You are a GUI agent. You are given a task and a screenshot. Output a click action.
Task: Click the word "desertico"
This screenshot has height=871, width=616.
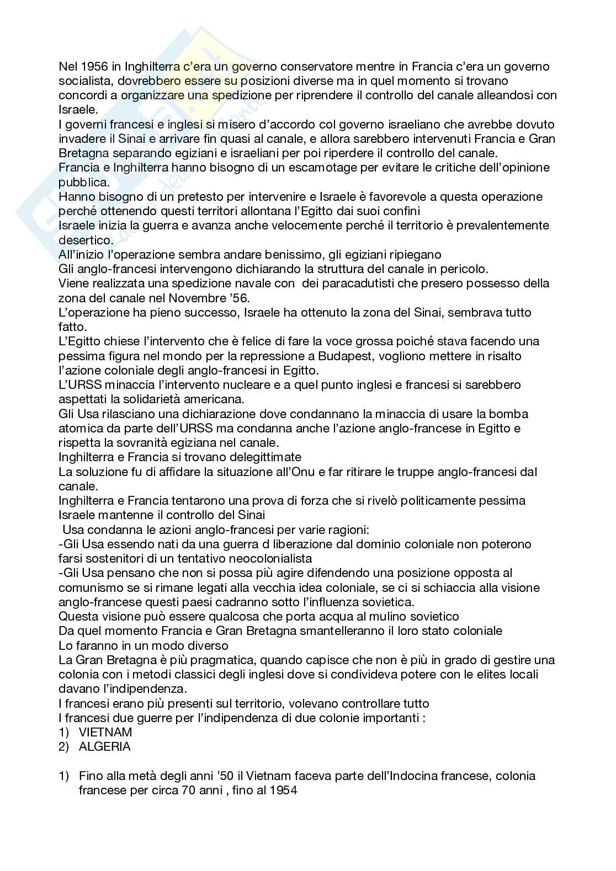click(85, 240)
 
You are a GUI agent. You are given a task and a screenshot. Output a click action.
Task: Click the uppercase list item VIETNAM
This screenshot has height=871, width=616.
click(105, 732)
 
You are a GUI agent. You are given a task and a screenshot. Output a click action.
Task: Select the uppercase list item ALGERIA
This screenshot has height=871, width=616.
click(105, 746)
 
